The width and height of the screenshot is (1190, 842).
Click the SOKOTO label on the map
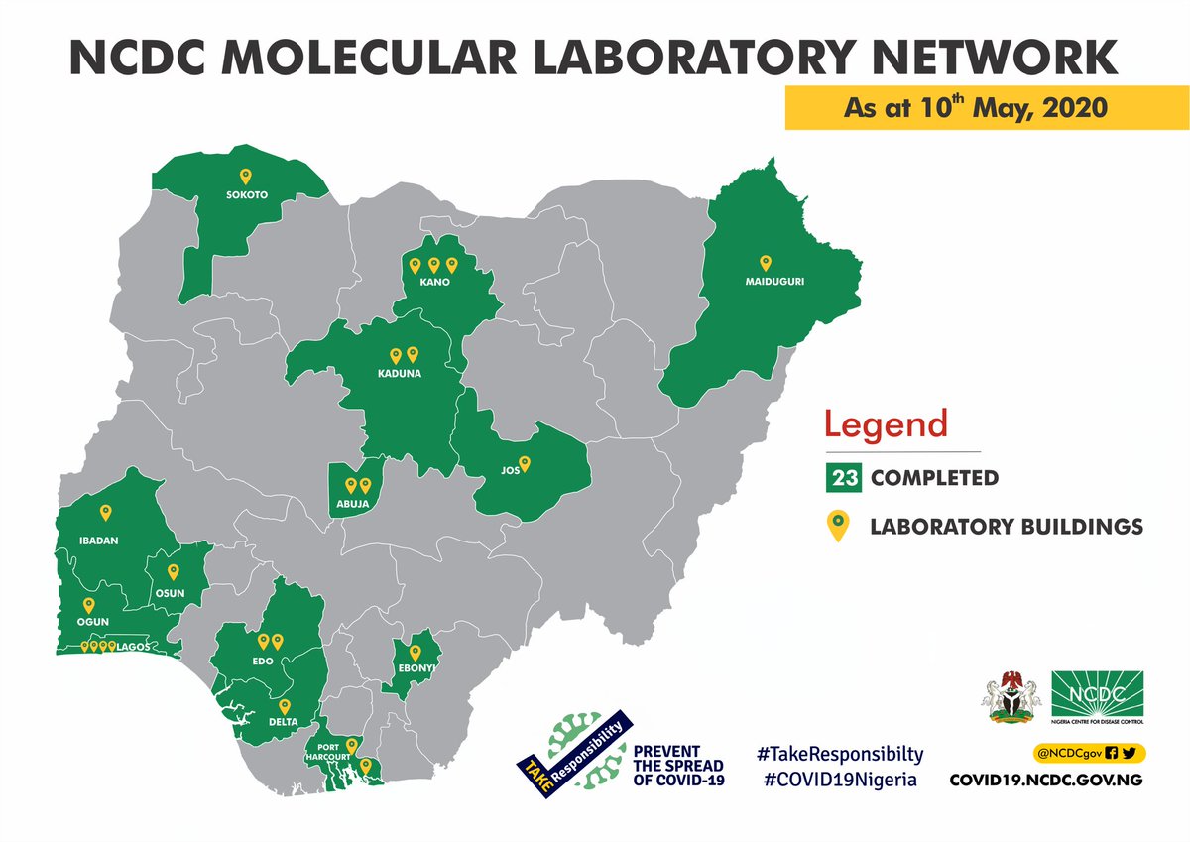(247, 195)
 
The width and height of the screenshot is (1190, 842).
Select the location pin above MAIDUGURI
(765, 263)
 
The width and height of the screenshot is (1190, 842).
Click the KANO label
(434, 283)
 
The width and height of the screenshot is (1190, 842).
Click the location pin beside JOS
(526, 462)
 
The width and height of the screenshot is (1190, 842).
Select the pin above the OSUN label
(173, 572)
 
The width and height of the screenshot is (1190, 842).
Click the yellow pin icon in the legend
(839, 526)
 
